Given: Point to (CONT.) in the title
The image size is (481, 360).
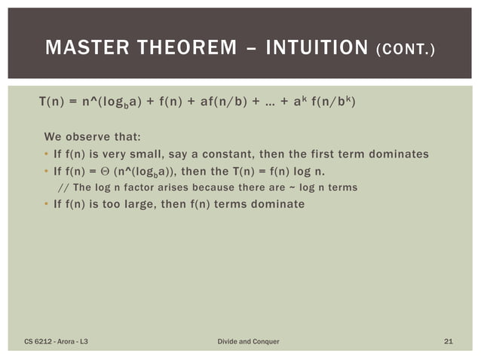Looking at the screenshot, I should [x=406, y=51].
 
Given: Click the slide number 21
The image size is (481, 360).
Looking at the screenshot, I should [x=448, y=342].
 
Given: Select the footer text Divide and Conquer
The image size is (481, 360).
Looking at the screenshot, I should [x=248, y=342].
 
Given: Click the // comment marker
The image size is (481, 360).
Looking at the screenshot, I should [x=62, y=187].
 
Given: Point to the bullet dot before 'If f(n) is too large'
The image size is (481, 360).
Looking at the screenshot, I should [x=46, y=203].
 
